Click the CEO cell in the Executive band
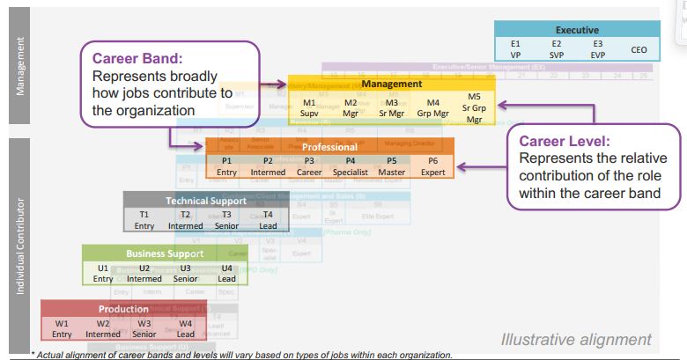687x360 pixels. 639,50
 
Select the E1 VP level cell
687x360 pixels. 516,48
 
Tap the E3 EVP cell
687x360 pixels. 597,48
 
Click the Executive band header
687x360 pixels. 577,30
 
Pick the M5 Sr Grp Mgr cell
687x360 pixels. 474,107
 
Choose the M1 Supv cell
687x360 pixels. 309,107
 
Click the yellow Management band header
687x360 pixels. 391,84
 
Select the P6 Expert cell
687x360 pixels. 432,166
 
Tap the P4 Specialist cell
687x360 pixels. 351,166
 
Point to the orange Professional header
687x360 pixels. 329,147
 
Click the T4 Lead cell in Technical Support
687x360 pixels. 268,220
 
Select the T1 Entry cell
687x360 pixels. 144,220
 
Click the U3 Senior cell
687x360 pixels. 185,273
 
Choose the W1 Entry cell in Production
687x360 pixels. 62,328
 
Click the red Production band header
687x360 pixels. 123,309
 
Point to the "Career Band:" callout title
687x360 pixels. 137,60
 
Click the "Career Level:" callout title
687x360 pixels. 563,141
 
